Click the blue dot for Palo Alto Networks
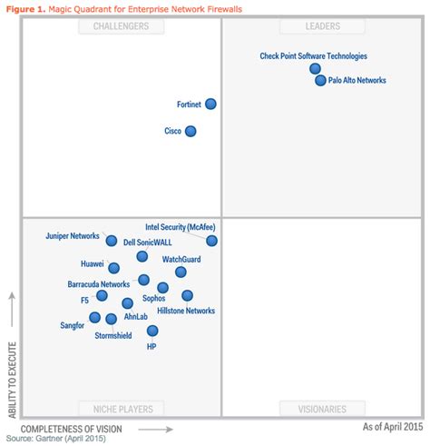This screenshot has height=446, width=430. point(320,81)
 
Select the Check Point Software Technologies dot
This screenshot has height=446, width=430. point(315,68)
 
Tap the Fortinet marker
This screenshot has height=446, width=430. point(210,104)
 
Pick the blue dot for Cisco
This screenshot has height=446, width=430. point(191,131)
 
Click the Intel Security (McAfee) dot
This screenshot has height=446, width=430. point(211,241)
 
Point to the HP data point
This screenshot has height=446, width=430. point(151,331)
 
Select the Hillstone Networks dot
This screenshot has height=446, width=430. point(187,295)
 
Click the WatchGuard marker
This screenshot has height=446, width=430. point(181,272)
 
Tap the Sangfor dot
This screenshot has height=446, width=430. point(94,317)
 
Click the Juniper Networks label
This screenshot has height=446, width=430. point(72,236)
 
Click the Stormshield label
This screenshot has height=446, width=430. point(113,335)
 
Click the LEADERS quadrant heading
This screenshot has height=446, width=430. point(322,26)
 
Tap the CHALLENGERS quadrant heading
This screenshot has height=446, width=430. point(121,26)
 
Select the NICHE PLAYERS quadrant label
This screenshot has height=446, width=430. point(121,409)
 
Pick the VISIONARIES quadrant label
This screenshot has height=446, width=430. point(322,409)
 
